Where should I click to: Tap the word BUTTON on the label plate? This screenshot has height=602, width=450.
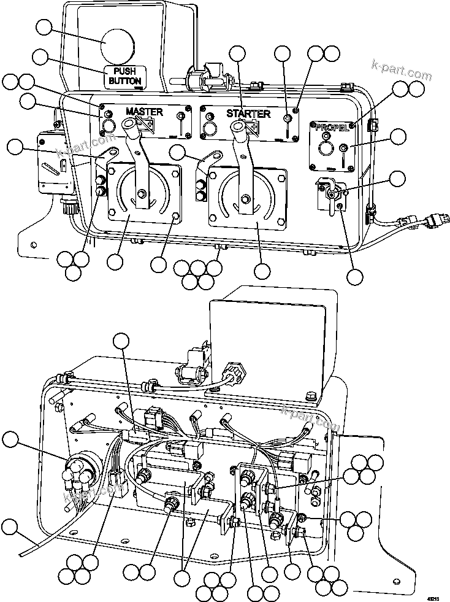point(125,80)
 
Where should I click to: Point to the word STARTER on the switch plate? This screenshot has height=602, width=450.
point(248,114)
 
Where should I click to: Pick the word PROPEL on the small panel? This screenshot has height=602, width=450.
point(332,128)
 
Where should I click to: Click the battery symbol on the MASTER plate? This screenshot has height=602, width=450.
point(147,125)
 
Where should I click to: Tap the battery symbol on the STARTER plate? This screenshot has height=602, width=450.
point(251,126)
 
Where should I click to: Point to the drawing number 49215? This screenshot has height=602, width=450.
point(433,595)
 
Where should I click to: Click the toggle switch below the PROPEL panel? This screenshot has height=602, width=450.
point(332,193)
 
